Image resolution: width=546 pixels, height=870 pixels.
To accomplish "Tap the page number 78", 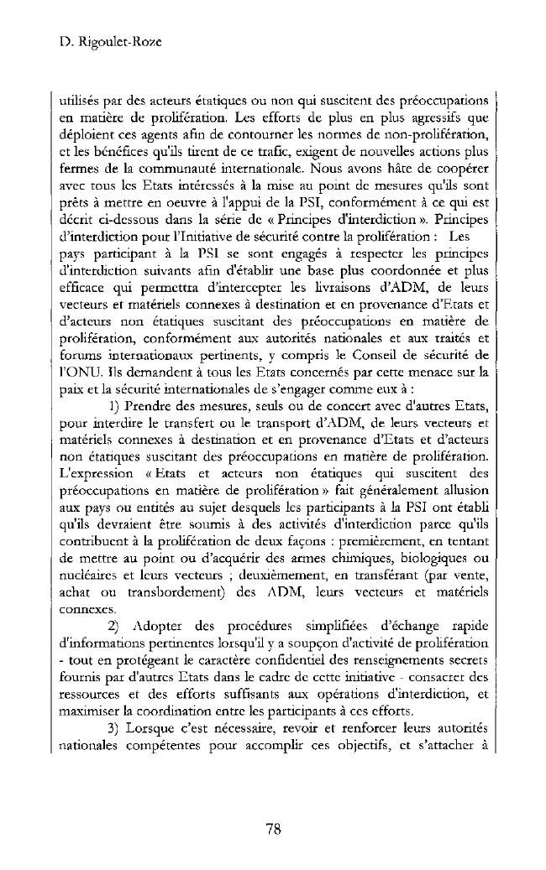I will click(x=272, y=829).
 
